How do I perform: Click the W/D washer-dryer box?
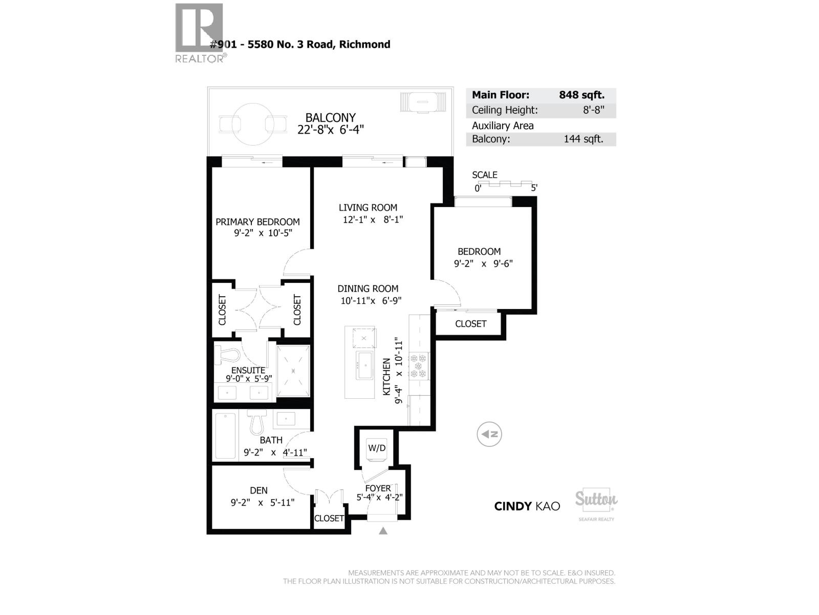pyautogui.click(x=377, y=448)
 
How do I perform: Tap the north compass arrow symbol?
pyautogui.click(x=489, y=434)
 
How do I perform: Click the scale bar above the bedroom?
pyautogui.click(x=504, y=183)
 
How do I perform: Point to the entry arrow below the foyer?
pyautogui.click(x=383, y=531)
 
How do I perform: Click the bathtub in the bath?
pyautogui.click(x=226, y=436)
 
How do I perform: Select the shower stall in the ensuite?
pyautogui.click(x=293, y=371)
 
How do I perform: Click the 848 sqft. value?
pyautogui.click(x=581, y=95)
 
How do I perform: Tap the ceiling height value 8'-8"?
pyautogui.click(x=593, y=110)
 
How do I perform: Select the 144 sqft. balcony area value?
pyautogui.click(x=583, y=139)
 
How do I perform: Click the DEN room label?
pyautogui.click(x=258, y=490)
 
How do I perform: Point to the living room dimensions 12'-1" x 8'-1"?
pyautogui.click(x=373, y=220)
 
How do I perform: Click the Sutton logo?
pyautogui.click(x=596, y=499)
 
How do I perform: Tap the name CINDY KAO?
pyautogui.click(x=527, y=506)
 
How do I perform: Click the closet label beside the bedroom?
pyautogui.click(x=470, y=324)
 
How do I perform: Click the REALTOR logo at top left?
pyautogui.click(x=200, y=32)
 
